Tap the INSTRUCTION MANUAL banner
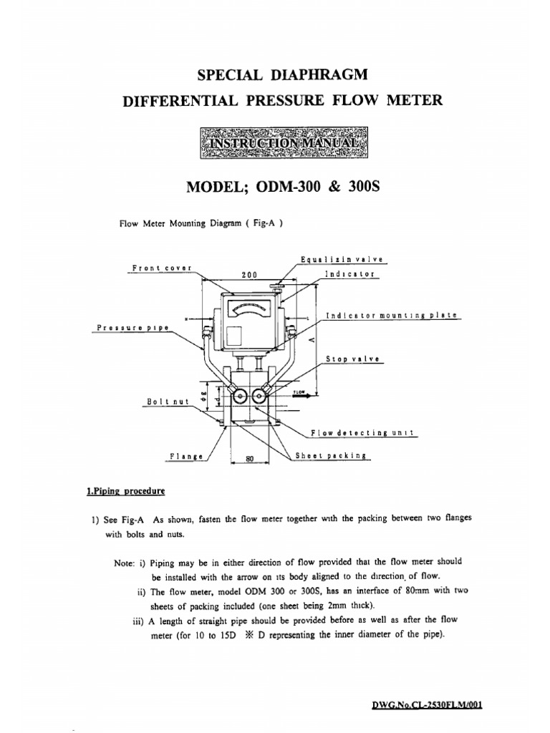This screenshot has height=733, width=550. [284, 142]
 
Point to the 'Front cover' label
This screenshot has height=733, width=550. [162, 268]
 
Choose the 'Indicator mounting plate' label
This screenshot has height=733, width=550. [391, 315]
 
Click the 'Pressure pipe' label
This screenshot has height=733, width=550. [132, 328]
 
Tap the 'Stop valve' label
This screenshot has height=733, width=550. [354, 359]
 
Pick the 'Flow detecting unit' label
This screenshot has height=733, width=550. [363, 433]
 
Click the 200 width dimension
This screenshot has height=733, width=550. [249, 274]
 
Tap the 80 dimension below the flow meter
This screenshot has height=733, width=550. [250, 460]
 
